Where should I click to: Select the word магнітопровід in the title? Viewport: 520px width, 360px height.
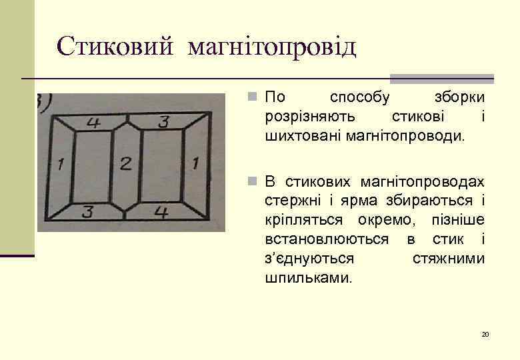(x=272, y=47)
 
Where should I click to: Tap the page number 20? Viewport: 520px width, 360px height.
(x=485, y=334)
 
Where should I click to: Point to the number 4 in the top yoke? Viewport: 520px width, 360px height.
(x=93, y=123)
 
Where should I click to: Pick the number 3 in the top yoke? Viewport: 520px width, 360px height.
(x=163, y=121)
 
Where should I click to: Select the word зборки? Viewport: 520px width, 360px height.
(x=459, y=97)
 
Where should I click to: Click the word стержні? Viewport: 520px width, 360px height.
(x=288, y=201)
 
